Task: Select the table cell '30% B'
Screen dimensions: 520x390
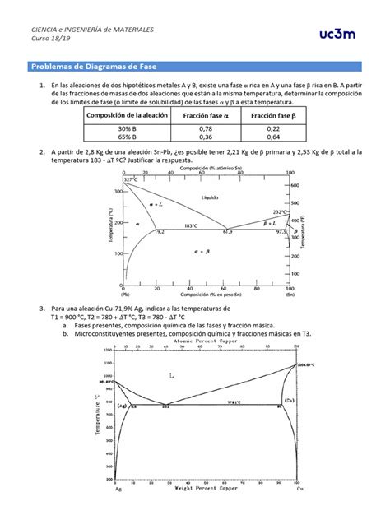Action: [125, 129]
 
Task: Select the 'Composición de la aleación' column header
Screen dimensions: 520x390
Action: [126, 117]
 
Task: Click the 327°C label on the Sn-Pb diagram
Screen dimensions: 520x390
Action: [130, 179]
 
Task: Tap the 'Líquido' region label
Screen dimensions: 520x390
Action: [211, 198]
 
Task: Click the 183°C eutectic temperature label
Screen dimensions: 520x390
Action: [191, 225]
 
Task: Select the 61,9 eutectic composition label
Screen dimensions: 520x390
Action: [228, 233]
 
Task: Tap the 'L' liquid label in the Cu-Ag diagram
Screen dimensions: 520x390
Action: [172, 376]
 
